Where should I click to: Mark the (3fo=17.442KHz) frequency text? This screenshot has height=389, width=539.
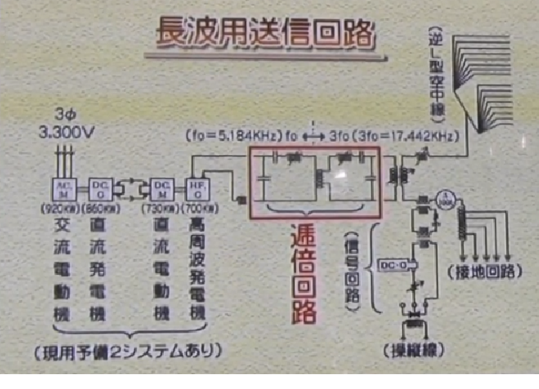coord(406,137)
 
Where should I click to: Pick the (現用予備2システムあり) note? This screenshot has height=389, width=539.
coord(133,348)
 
